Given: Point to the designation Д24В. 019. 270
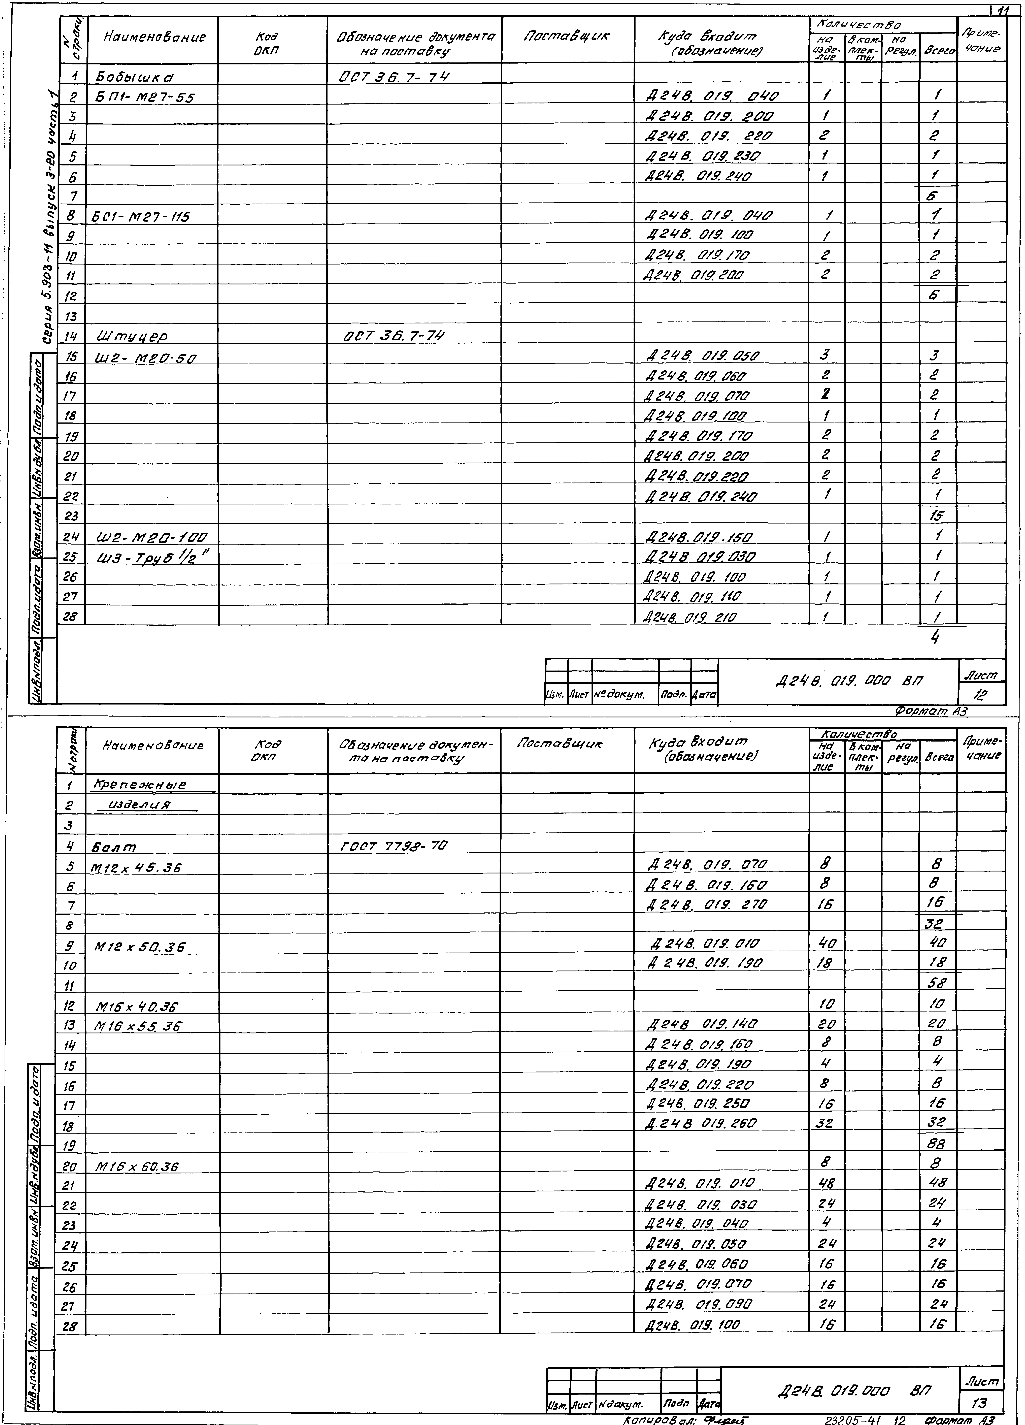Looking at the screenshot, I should point(707,904).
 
